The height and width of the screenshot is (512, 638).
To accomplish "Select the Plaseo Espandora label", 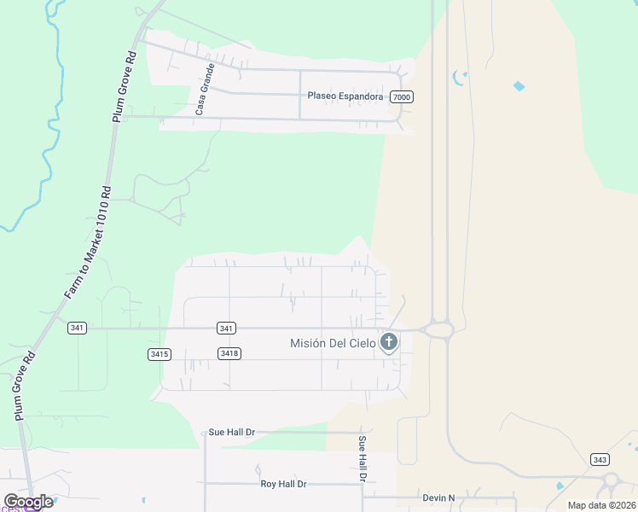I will (x=345, y=96).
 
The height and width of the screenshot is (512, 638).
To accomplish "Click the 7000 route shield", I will (x=403, y=97).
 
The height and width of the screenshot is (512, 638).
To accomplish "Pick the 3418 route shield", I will (x=228, y=353).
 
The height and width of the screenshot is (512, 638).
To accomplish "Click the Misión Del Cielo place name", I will (x=333, y=343).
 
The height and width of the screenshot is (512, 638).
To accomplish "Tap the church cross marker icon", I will (x=389, y=343).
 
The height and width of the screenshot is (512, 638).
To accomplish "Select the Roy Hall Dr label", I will (x=283, y=484).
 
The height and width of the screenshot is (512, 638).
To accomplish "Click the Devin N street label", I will (x=439, y=497).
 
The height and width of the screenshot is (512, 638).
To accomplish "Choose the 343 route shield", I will (x=600, y=459).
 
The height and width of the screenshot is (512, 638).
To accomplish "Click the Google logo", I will (x=28, y=502).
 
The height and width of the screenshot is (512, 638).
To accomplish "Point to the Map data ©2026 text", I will (x=601, y=505).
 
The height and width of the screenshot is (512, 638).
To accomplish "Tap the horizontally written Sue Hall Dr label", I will (x=232, y=433).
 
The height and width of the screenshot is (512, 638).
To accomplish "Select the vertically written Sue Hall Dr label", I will (x=362, y=459).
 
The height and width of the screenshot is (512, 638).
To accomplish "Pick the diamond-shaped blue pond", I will (x=519, y=86).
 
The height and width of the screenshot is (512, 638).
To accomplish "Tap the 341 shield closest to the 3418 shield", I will (x=226, y=329).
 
